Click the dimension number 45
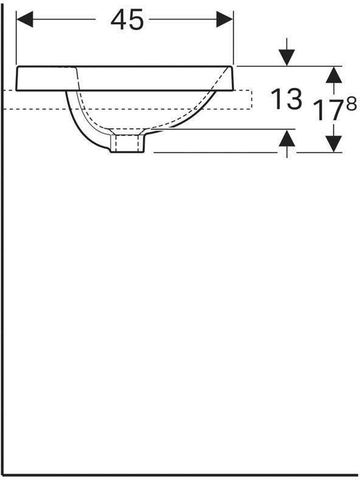127,20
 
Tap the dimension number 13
285,99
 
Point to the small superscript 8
351,104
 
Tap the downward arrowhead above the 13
287,58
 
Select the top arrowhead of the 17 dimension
333,74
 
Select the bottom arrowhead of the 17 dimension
333,144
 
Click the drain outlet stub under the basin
128,144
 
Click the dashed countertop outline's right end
251,100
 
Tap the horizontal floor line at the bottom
182,474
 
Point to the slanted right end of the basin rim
231,79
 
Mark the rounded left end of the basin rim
18,79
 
